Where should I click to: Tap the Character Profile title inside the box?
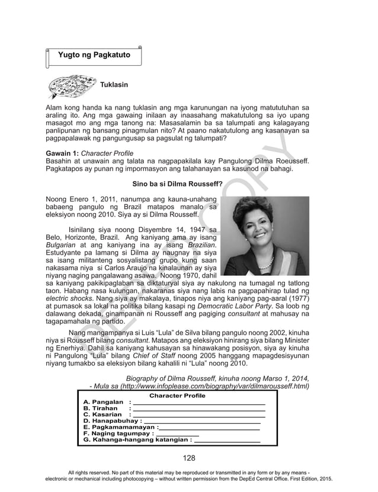click(177, 395)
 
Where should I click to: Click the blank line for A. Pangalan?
click(199, 403)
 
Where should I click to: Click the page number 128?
click(189, 457)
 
